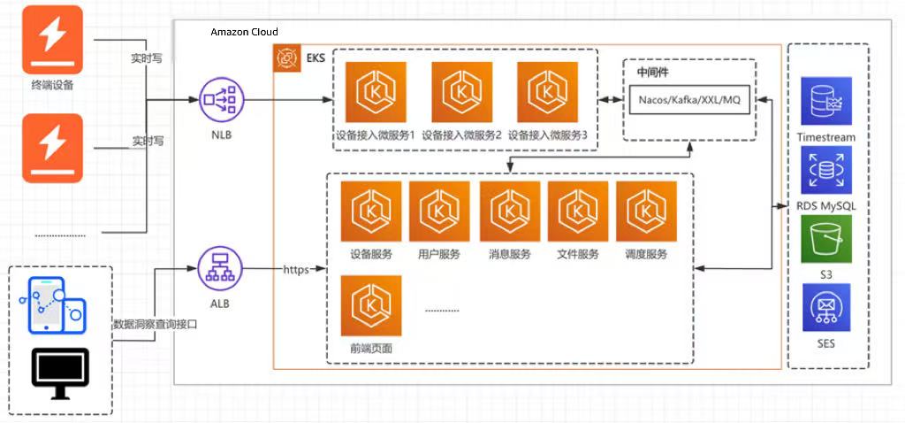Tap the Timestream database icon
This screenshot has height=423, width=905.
pyautogui.click(x=826, y=100)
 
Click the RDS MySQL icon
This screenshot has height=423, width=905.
pyautogui.click(x=826, y=170)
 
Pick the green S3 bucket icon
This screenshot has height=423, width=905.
pyautogui.click(x=826, y=238)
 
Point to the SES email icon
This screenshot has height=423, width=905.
pyautogui.click(x=826, y=307)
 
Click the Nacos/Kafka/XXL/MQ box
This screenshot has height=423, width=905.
pyautogui.click(x=689, y=100)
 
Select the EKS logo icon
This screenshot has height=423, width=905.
pyautogui.click(x=288, y=59)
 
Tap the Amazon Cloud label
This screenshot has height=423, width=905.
pyautogui.click(x=244, y=32)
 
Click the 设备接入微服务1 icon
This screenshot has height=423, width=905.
pyautogui.click(x=376, y=92)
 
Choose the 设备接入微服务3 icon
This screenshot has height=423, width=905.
pyautogui.click(x=548, y=92)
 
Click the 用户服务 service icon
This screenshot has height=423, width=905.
pyautogui.click(x=439, y=211)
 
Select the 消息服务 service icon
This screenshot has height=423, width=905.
pyautogui.click(x=510, y=211)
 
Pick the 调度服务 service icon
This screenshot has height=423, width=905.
pyautogui.click(x=646, y=211)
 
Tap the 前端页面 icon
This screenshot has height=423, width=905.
pyautogui.click(x=371, y=305)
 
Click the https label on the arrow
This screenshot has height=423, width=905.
pyautogui.click(x=296, y=269)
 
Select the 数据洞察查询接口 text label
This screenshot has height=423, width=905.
pyautogui.click(x=156, y=325)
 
